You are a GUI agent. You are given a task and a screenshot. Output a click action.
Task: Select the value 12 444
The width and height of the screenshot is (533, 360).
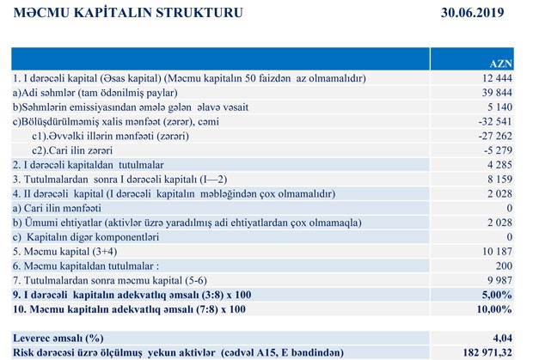pos(497,78)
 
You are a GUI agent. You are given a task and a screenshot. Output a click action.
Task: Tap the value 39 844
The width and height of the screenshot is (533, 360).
pos(497,93)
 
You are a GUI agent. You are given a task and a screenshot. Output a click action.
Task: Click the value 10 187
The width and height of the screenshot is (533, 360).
pos(497,251)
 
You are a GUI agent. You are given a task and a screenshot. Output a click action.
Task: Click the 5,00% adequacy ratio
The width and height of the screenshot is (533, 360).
pos(498,294)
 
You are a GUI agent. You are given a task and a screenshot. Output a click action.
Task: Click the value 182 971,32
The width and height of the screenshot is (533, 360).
pos(486,351)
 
